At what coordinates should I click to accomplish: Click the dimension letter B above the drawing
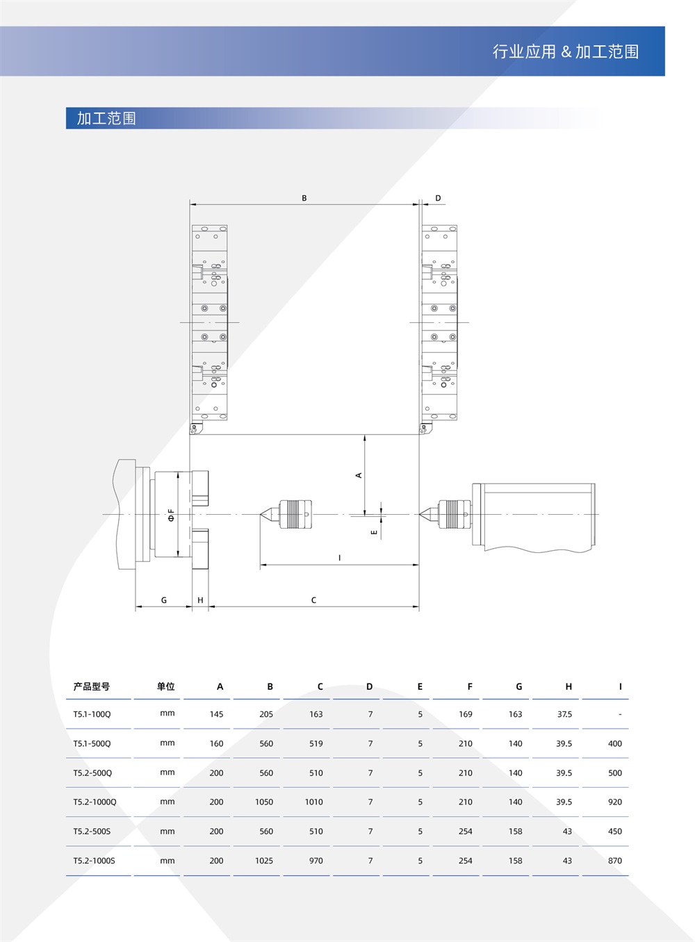pos(304,198)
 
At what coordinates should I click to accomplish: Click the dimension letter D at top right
pos(438,198)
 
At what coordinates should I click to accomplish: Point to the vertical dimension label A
pos(359,475)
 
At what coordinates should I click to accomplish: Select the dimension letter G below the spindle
pos(164,600)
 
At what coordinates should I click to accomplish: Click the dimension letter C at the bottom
pos(313,600)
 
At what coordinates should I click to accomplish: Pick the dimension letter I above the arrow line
pos(339,558)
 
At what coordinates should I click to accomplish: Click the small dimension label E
pos(374,532)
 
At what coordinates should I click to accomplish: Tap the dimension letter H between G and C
pos(200,600)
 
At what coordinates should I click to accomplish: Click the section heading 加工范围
pos(106,118)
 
